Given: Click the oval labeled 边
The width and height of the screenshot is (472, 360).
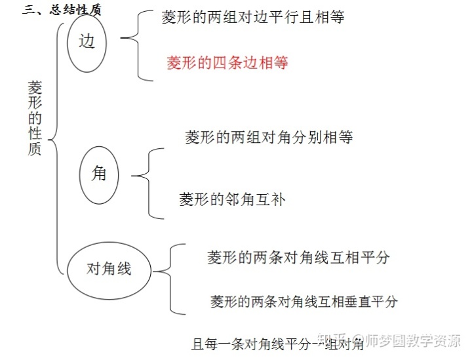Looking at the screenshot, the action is click(87, 43).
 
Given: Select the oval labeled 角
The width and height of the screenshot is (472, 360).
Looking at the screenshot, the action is click(99, 174).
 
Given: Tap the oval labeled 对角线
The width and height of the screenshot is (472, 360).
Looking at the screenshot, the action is click(109, 269).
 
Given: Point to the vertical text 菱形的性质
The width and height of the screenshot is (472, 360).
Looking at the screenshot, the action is click(35, 118).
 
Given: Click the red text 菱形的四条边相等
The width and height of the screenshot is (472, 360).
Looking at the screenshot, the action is click(227, 63).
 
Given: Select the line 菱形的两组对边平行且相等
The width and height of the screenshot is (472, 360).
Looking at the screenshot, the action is click(253, 18).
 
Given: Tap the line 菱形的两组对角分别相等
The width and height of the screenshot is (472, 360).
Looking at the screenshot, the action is click(269, 138).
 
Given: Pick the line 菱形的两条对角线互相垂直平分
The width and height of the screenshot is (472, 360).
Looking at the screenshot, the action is click(304, 302).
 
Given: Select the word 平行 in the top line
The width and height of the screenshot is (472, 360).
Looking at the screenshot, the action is click(294, 18).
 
